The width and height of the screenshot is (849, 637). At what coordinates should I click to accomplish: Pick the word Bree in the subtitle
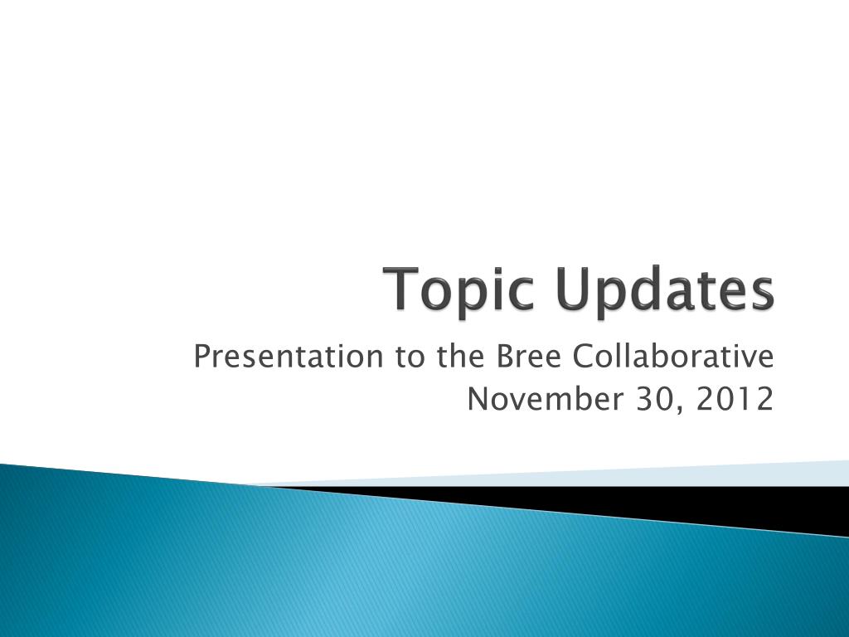click(521, 357)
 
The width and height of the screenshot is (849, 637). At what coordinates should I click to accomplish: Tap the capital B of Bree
click(502, 357)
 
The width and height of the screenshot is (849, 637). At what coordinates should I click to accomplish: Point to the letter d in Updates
click(638, 290)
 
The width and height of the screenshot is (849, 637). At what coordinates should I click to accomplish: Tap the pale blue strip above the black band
click(663, 475)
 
